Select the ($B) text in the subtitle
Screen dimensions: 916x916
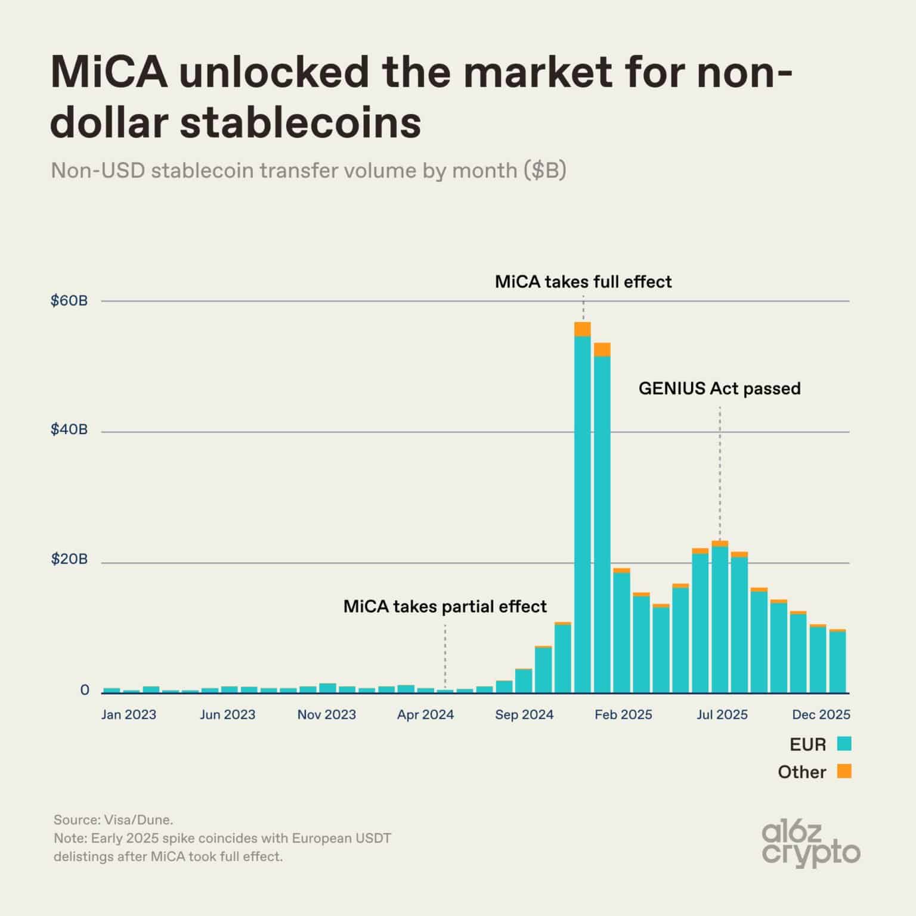pos(545,171)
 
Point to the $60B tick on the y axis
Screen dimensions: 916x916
pos(69,301)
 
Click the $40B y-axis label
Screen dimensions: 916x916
pos(69,429)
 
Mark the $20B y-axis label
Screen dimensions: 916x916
pos(69,559)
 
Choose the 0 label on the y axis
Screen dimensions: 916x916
pos(85,690)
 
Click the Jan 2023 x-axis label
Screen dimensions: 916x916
pos(128,714)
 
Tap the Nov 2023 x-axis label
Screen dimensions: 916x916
pos(326,714)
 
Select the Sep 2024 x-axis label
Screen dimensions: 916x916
pos(524,714)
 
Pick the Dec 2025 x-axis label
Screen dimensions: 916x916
pos(821,714)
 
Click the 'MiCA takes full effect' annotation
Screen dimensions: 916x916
pos(583,281)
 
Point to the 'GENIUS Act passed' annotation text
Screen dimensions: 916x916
pos(719,389)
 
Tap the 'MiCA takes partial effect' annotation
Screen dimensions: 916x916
pos(445,606)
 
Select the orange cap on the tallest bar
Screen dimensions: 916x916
pos(583,329)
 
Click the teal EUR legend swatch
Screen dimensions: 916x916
pos(844,744)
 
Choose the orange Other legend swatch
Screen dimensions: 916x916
pos(844,771)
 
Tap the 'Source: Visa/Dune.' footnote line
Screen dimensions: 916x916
pos(113,819)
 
